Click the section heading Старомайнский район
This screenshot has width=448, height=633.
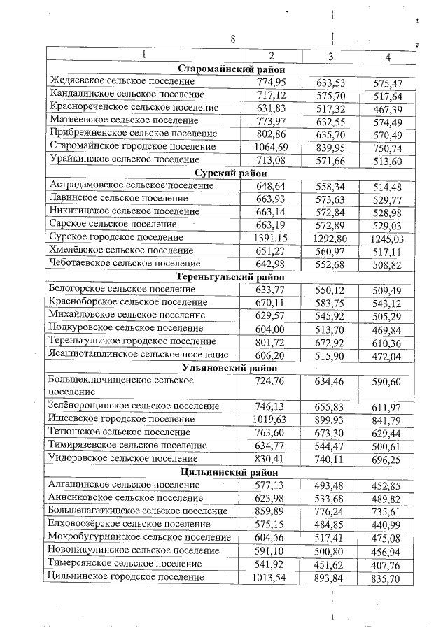pos(230,69)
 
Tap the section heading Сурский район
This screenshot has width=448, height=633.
pos(230,172)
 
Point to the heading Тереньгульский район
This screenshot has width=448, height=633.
pos(230,276)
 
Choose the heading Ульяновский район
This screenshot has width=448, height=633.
pos(230,367)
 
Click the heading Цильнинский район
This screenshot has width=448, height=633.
pos(230,471)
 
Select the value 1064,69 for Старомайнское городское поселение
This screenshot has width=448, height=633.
pos(271,146)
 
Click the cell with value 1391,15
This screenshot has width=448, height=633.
pos(271,237)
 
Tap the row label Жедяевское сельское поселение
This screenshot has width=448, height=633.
pos(122,82)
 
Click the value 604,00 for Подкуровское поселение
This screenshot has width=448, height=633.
pos(271,328)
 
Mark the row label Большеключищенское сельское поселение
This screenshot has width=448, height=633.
pos(120,386)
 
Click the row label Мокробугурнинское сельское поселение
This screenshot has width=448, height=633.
pos(139,537)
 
